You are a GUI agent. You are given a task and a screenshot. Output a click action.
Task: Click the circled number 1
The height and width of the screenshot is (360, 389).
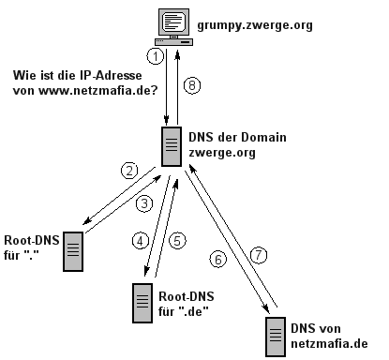point(155,56)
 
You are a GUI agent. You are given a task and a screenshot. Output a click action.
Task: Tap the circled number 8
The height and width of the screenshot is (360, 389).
point(192,85)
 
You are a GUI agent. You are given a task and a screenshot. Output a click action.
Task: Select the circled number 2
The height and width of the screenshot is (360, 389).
point(129,171)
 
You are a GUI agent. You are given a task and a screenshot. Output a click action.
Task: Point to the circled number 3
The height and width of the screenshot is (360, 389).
point(144,204)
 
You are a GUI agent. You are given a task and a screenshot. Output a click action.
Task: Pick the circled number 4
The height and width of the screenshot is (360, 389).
point(141,241)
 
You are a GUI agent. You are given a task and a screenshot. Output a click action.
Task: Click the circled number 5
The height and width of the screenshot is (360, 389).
point(177,241)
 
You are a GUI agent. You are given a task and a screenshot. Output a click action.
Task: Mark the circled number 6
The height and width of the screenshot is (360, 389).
point(218,260)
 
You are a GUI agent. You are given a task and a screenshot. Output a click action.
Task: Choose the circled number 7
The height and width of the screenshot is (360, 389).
point(259,255)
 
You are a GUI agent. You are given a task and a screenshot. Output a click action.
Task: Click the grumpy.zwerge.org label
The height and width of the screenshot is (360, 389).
point(255,25)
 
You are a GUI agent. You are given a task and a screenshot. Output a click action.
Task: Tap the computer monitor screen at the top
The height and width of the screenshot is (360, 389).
point(173,22)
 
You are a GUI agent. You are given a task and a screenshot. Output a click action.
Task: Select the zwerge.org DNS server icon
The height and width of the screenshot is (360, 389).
point(172,146)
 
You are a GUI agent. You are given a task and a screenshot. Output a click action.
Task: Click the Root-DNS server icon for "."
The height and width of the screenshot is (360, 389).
point(73,251)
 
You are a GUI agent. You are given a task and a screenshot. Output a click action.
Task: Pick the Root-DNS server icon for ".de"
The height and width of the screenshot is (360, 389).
point(142,303)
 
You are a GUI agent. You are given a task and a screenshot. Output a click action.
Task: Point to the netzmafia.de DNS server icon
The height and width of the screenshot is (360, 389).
point(276,337)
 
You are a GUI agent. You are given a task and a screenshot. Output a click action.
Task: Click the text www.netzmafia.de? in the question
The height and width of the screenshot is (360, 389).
point(98,91)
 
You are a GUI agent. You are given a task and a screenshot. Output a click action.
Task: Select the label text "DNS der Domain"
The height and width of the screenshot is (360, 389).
point(237,137)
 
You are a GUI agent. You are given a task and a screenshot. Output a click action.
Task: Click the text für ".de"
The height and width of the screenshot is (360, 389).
point(184,311)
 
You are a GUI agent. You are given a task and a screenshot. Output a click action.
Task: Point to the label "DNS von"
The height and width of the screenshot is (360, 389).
point(316,328)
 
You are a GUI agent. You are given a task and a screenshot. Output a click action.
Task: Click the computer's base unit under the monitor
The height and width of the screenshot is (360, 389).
point(173,41)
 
